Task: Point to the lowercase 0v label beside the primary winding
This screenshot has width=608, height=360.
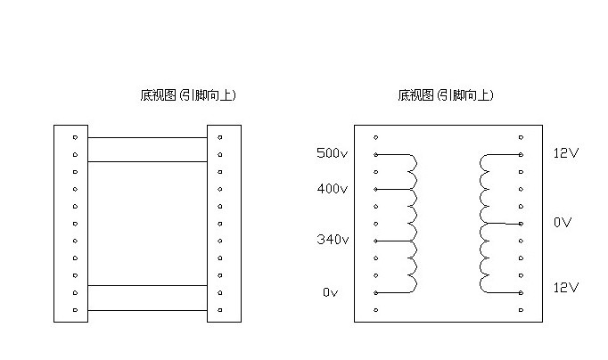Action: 331,292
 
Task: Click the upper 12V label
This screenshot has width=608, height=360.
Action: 566,153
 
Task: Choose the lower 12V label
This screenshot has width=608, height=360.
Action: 566,288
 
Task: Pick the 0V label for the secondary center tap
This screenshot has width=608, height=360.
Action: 563,222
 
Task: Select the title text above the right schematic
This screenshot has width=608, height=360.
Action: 446,94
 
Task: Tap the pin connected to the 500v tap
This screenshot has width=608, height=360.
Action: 376,154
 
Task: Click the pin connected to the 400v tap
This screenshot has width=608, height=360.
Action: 376,189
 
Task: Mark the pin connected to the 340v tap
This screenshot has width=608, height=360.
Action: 376,241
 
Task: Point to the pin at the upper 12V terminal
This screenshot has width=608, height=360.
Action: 522,154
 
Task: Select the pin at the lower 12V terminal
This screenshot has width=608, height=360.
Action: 522,292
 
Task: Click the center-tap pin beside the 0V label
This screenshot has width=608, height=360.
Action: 522,224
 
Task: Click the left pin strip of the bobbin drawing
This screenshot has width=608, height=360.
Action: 70,223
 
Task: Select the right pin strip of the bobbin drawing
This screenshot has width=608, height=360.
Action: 224,223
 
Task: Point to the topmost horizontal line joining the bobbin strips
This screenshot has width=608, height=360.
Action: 147,137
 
